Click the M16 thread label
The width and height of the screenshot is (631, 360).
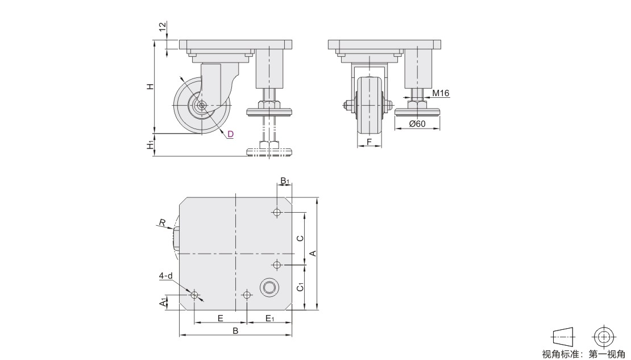pos(440,93)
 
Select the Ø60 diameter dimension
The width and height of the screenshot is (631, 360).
pos(417,123)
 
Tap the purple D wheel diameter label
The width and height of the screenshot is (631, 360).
pos(230,134)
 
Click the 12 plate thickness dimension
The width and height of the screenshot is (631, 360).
pos(163,27)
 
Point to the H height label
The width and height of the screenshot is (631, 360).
pos(150,86)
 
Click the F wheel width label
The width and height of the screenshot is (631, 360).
pos(369,142)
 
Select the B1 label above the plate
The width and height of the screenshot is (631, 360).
pos(284,181)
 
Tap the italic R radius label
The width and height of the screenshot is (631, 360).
pos(162,222)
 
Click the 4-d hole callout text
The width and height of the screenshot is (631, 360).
pos(165,276)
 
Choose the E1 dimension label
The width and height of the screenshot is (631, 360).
pos(269,318)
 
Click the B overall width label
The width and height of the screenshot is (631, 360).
pos(236,331)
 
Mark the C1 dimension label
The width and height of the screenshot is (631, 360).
pos(300,287)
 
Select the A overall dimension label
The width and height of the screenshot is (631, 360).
pos(312,253)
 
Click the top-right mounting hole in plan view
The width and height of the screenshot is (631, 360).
pos(276,212)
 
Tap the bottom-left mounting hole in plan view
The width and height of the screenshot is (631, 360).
pos(194,295)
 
